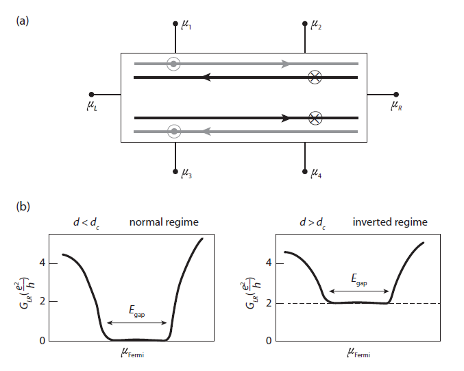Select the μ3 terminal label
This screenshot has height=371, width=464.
pyautogui.click(x=186, y=173)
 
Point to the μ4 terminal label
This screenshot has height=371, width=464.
pyautogui.click(x=316, y=173)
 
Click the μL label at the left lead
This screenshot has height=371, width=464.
pyautogui.click(x=92, y=106)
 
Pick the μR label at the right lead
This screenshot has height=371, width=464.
pyautogui.click(x=396, y=106)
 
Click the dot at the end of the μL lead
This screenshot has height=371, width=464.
pyautogui.click(x=91, y=95)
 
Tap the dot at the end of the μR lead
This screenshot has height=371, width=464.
pyautogui.click(x=396, y=95)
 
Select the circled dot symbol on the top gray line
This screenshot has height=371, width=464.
pyautogui.click(x=173, y=64)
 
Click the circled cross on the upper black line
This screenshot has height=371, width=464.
pyautogui.click(x=315, y=77)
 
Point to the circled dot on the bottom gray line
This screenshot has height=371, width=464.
pyautogui.click(x=174, y=132)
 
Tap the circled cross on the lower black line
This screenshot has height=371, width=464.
pyautogui.click(x=315, y=118)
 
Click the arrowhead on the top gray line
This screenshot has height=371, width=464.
pyautogui.click(x=286, y=64)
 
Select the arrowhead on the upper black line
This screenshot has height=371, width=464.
pyautogui.click(x=206, y=77)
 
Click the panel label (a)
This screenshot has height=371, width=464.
pyautogui.click(x=23, y=21)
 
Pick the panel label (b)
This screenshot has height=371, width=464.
pyautogui.click(x=23, y=206)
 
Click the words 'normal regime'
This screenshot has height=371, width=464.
pyautogui.click(x=164, y=222)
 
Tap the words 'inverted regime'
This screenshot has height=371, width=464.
pyautogui.click(x=390, y=222)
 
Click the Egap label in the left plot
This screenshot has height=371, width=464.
pyautogui.click(x=136, y=311)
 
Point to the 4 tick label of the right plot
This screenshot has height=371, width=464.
pyautogui.click(x=269, y=263)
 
